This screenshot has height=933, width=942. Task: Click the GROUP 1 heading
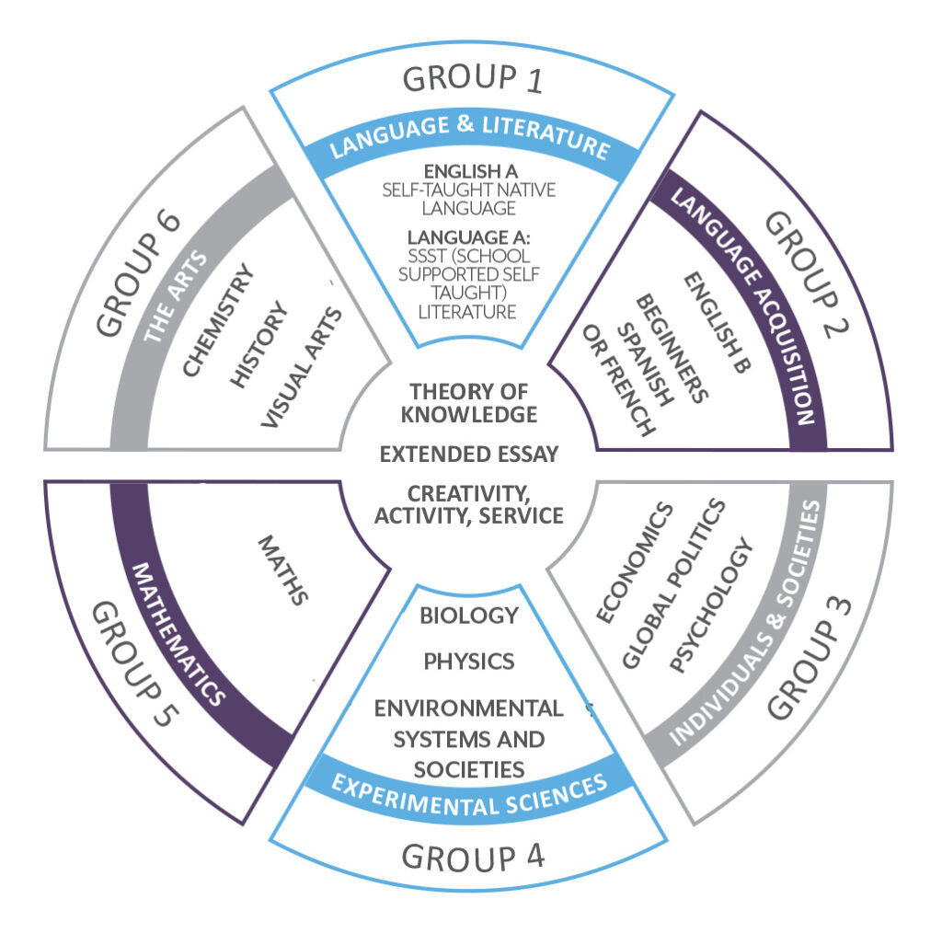(x=473, y=80)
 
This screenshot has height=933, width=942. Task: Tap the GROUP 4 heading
(x=473, y=857)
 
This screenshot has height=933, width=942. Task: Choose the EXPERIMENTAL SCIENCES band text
(x=469, y=786)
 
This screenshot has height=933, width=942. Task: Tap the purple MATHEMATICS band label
(x=179, y=634)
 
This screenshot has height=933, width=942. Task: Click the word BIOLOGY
(x=469, y=616)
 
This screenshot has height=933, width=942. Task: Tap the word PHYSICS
(x=469, y=662)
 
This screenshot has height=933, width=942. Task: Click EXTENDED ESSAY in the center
(x=469, y=454)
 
